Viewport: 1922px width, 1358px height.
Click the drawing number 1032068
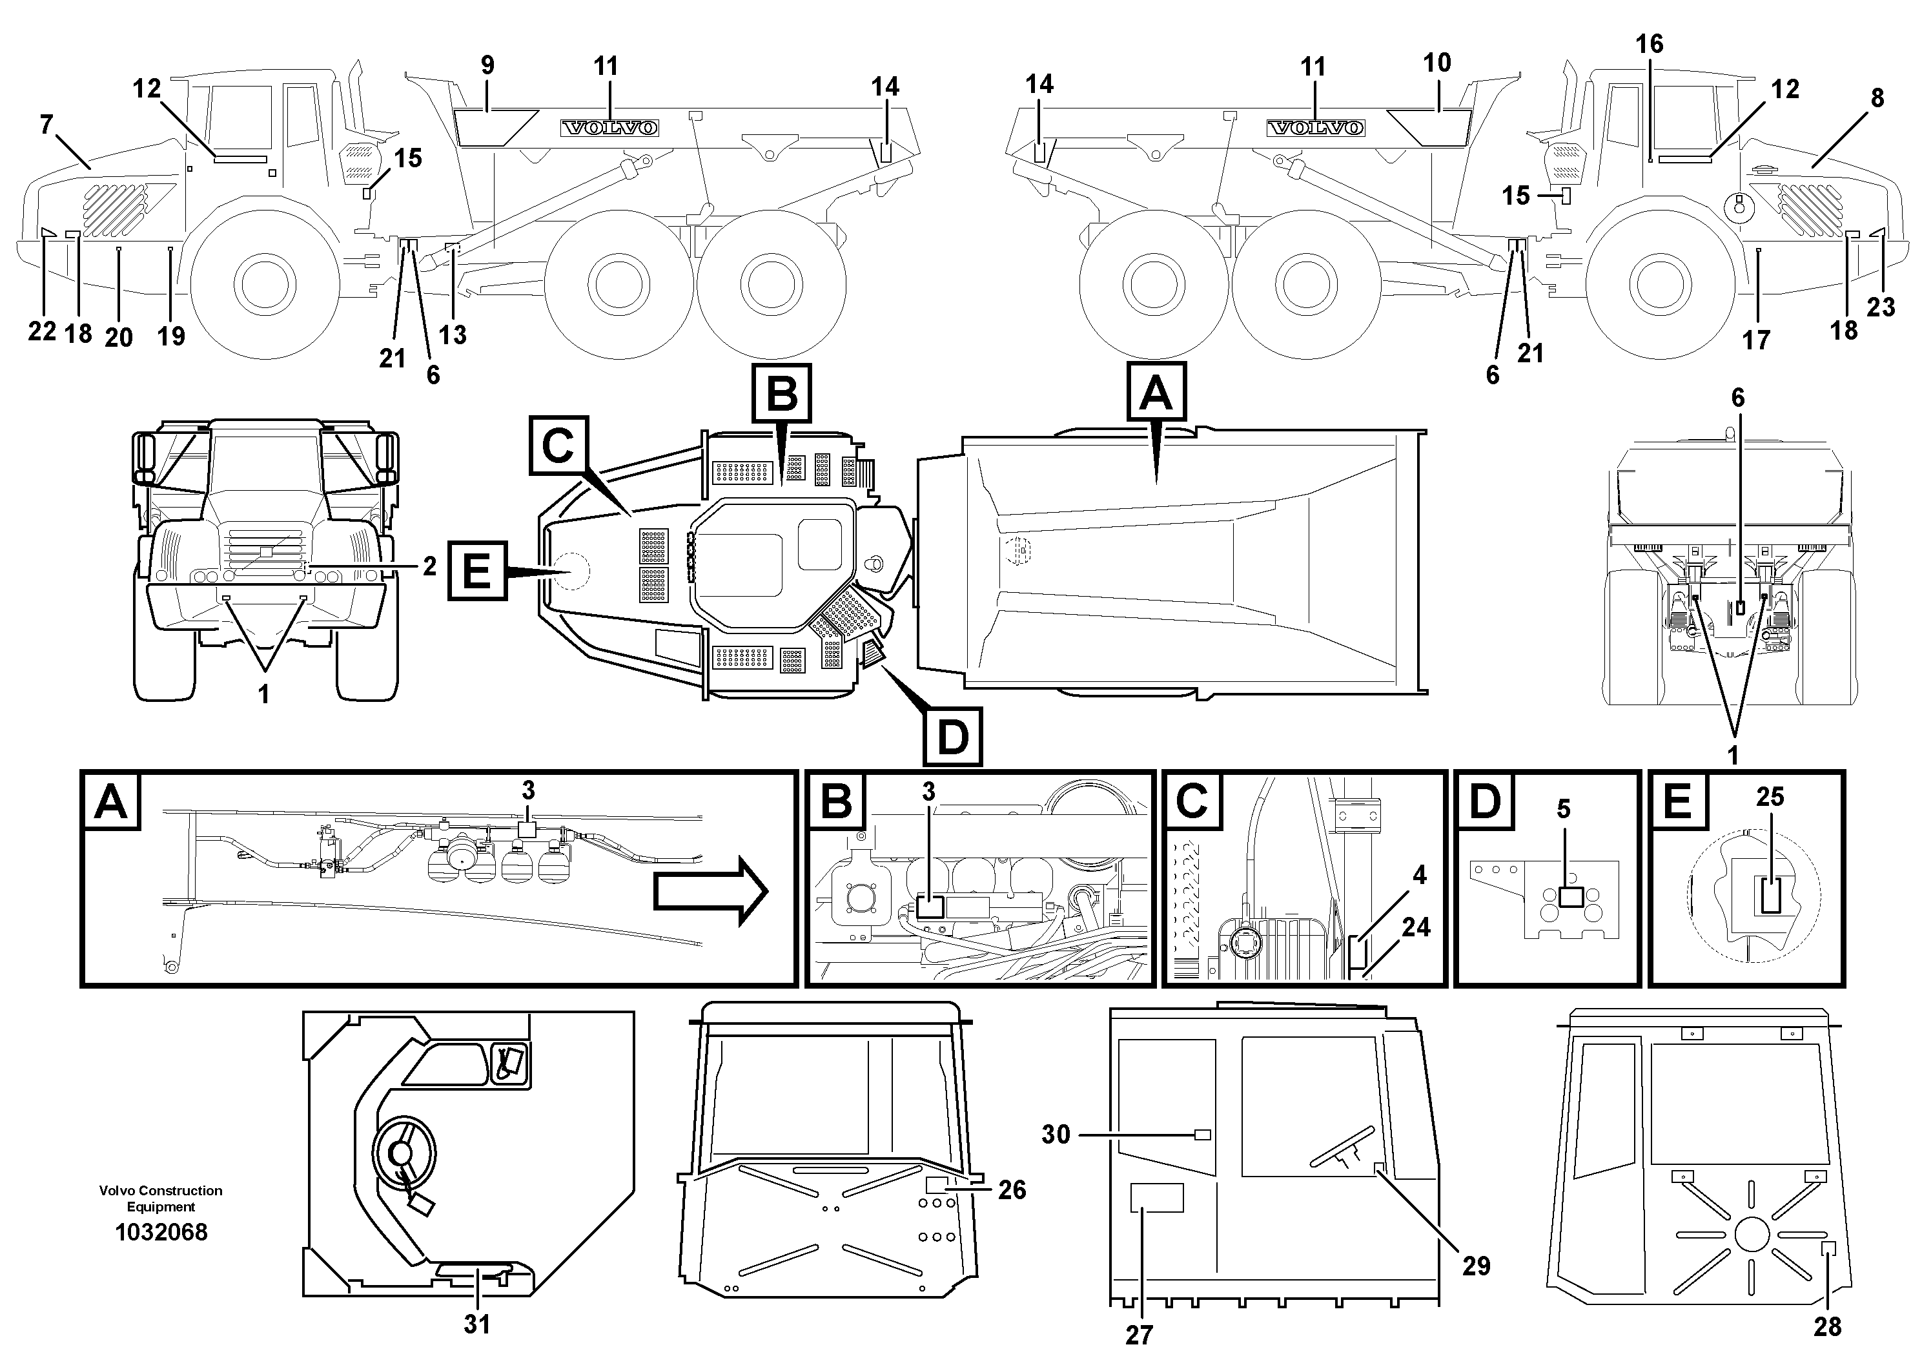(x=161, y=1233)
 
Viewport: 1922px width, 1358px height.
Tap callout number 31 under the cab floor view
(x=476, y=1324)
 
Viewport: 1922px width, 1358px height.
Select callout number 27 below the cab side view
(x=1140, y=1333)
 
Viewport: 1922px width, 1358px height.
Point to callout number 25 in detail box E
(x=1770, y=797)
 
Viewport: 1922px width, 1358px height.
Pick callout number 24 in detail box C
(x=1416, y=927)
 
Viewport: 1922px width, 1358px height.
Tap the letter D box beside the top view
(x=953, y=737)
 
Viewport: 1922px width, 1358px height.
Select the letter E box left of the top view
(x=477, y=572)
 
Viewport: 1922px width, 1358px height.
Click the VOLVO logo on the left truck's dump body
(x=609, y=128)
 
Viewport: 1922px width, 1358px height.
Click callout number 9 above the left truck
(x=487, y=65)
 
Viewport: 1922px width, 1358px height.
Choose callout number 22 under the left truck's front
(x=42, y=331)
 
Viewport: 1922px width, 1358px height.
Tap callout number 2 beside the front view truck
(x=429, y=567)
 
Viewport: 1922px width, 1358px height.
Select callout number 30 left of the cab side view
(x=1056, y=1135)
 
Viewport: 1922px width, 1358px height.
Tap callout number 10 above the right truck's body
(x=1436, y=63)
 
